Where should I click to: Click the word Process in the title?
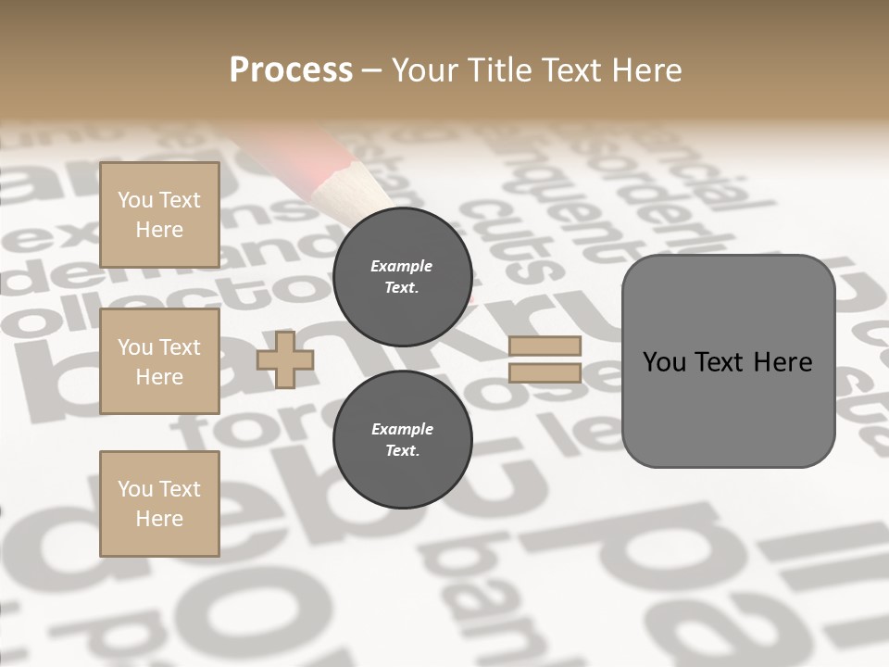[x=291, y=70]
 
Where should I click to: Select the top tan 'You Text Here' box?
[x=159, y=215]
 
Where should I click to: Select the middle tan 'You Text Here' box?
[x=159, y=361]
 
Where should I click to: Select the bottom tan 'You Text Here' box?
[x=159, y=503]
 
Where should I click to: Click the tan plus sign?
[x=285, y=360]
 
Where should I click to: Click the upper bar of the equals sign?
[x=545, y=346]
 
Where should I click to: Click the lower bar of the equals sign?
[x=545, y=373]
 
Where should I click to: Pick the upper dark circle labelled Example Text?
[x=402, y=277]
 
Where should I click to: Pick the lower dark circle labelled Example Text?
[x=402, y=440]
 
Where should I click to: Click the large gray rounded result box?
[x=728, y=360]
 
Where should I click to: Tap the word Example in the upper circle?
[x=402, y=267]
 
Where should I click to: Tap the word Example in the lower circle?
[x=402, y=430]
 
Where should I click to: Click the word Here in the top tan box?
[x=159, y=230]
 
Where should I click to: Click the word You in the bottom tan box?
[x=135, y=489]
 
